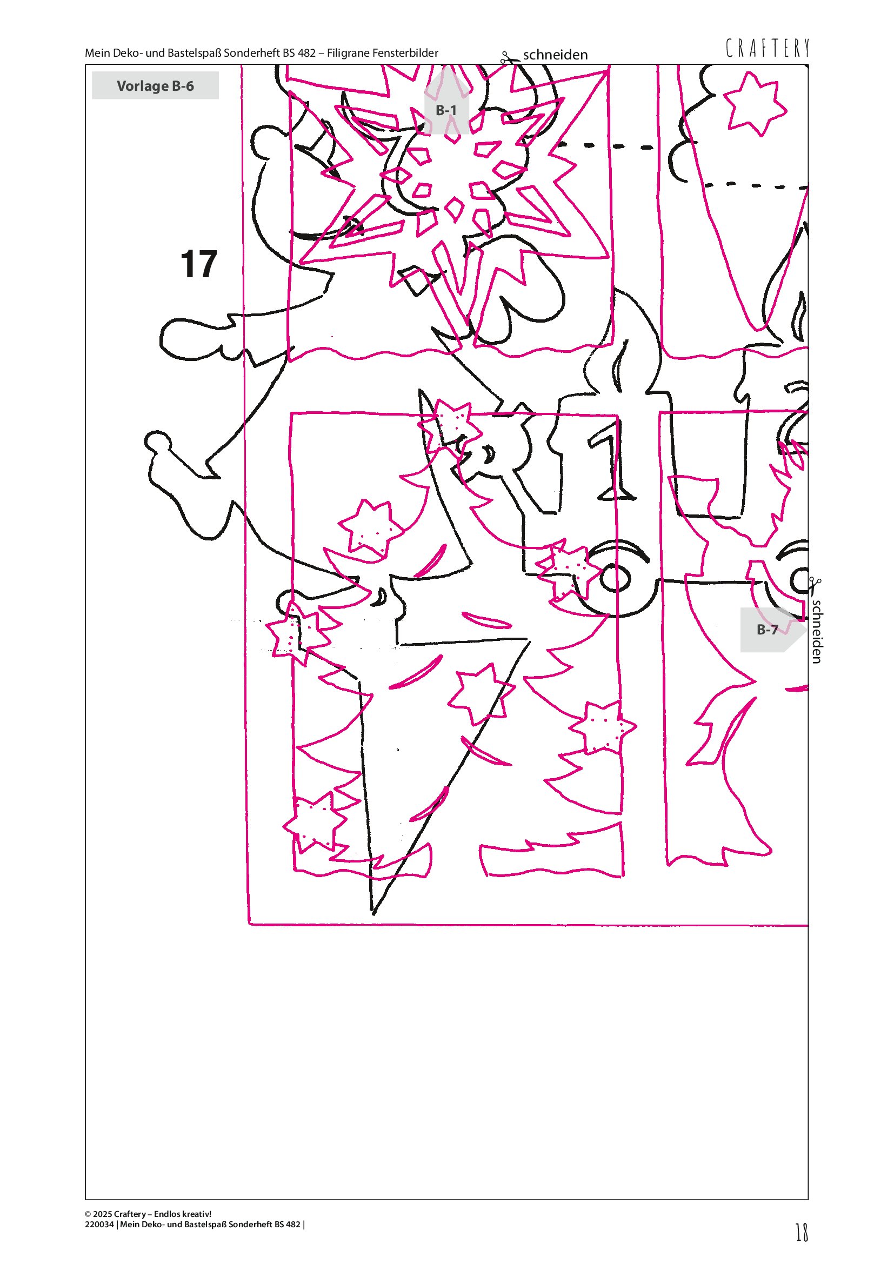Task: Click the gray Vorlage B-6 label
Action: coord(155,85)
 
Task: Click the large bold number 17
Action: coord(199,264)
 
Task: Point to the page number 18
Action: coord(802,1232)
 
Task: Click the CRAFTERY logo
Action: coord(768,48)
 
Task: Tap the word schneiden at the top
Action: coord(555,55)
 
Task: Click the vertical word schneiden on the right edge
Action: coord(817,631)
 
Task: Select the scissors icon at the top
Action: coord(510,57)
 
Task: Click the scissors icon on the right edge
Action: coord(815,586)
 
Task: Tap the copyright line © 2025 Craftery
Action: coord(148,1214)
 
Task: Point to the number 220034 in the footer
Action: coord(99,1225)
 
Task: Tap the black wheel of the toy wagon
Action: coord(615,579)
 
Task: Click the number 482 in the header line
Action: coord(306,53)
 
